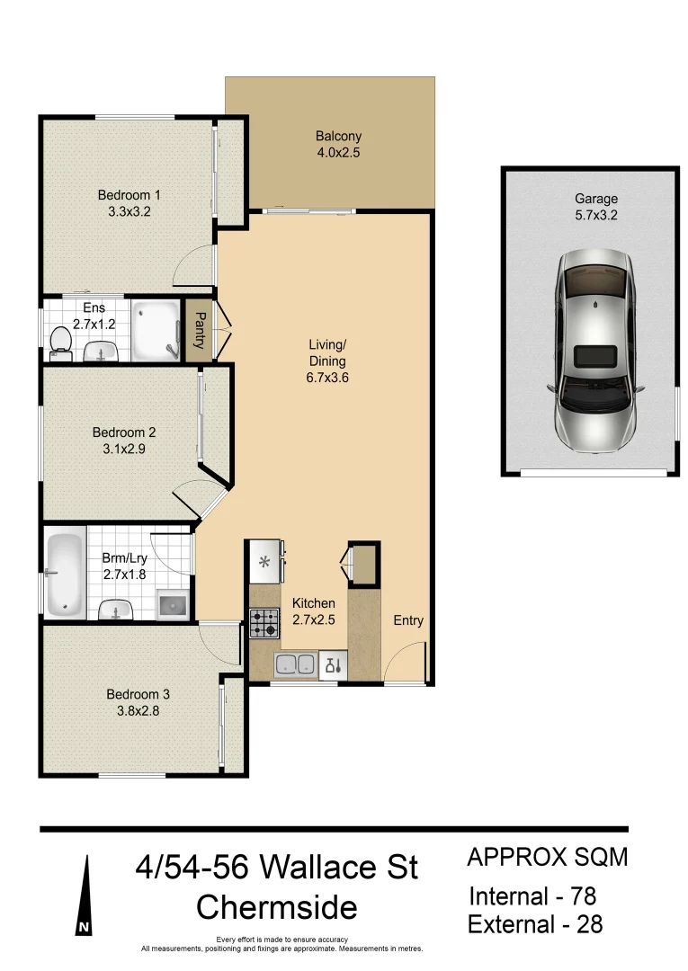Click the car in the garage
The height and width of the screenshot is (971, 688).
(x=595, y=350)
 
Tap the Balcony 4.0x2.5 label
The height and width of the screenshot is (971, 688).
(x=338, y=145)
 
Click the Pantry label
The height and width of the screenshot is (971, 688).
(x=198, y=331)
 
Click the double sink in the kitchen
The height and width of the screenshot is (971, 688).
(x=295, y=665)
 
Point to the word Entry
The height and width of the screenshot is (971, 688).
(x=407, y=620)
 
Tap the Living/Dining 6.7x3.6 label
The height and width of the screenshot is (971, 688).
(x=327, y=361)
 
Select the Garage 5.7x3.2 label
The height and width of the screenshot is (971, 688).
(x=596, y=207)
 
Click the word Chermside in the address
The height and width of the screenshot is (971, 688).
(x=276, y=907)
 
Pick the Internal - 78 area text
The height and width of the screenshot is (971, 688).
(x=533, y=896)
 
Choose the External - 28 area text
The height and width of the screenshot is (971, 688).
(x=536, y=924)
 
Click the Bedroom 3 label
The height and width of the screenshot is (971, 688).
(x=138, y=694)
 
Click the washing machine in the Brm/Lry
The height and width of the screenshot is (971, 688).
(x=173, y=605)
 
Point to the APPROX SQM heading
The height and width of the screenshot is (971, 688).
(x=547, y=857)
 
